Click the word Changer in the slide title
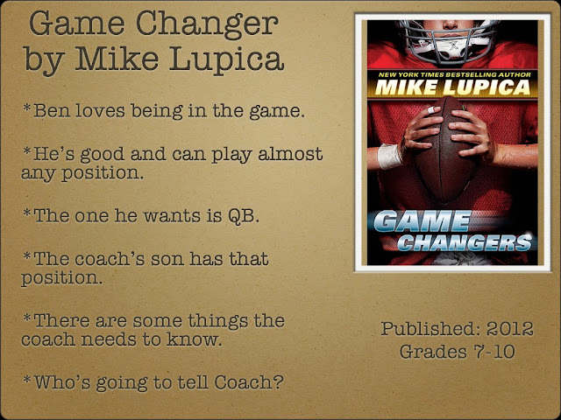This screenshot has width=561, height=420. [207, 25]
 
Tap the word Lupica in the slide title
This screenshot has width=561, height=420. [226, 59]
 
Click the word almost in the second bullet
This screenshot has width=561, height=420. [290, 154]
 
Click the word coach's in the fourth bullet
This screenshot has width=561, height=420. [110, 259]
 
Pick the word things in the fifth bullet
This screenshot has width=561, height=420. [218, 321]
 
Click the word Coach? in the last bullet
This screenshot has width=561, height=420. [249, 382]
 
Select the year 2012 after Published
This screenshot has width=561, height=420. [509, 329]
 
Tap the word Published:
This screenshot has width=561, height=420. [430, 329]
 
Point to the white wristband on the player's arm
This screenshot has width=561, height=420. [389, 156]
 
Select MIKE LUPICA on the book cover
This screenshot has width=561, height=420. [452, 87]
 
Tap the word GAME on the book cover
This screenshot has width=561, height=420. [423, 221]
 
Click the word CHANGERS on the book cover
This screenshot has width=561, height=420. [465, 243]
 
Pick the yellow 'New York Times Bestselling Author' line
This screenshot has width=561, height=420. [454, 74]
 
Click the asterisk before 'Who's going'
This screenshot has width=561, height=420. [27, 379]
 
